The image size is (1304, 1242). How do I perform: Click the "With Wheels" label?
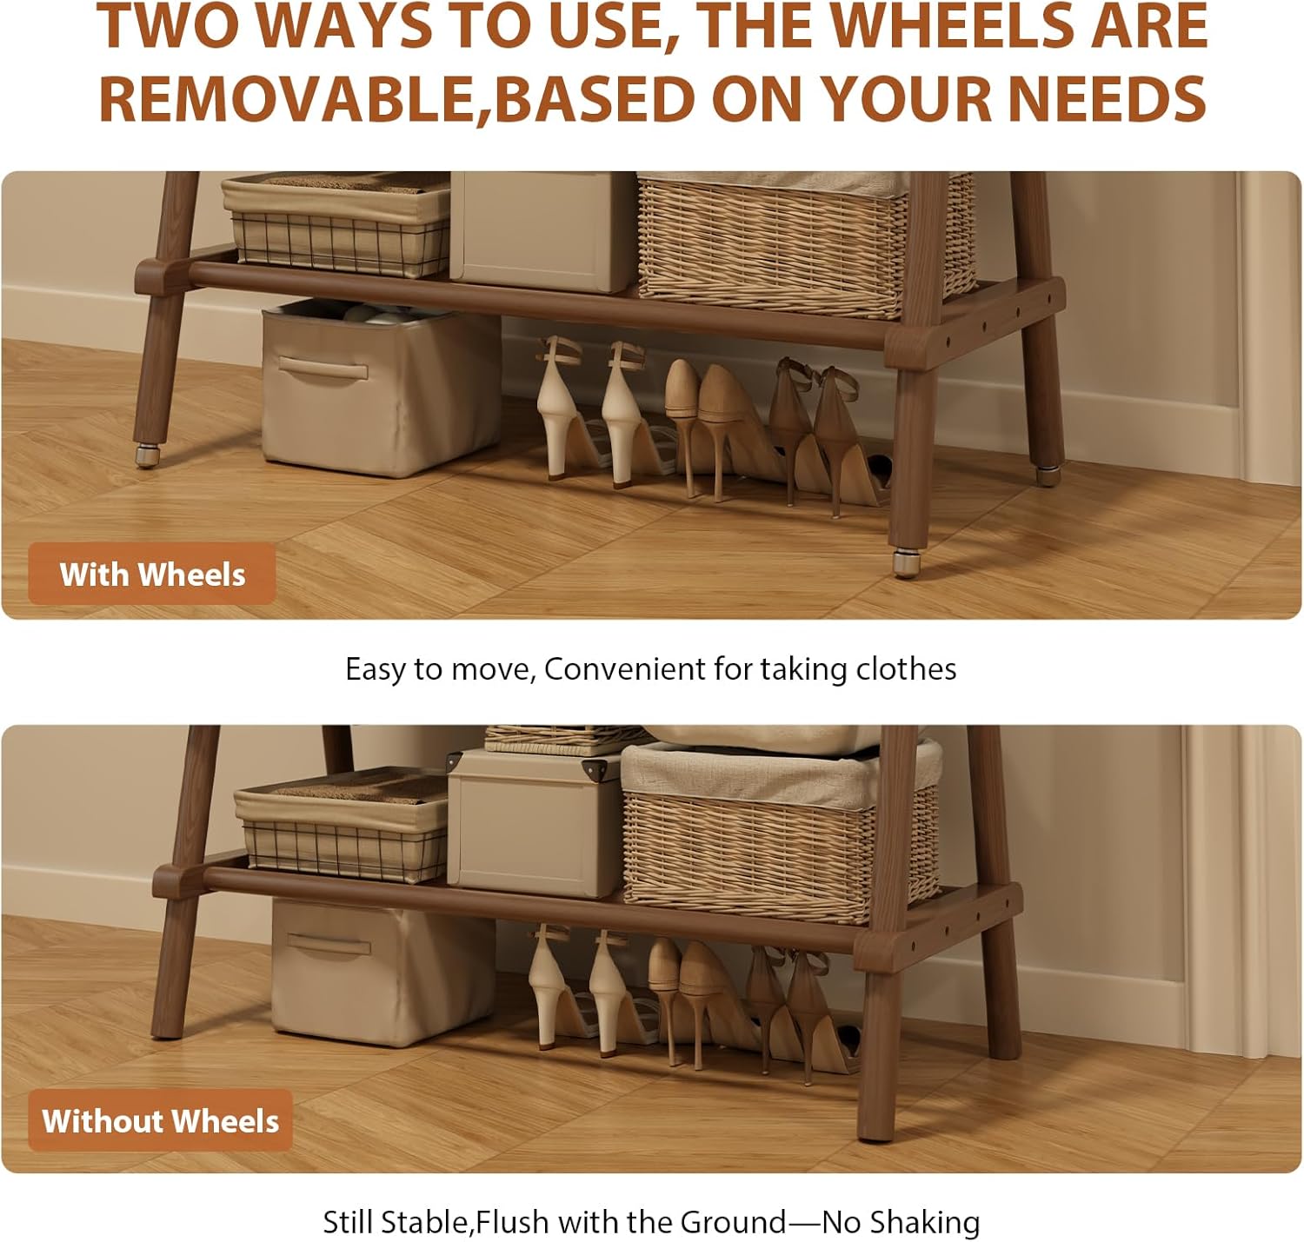tap(152, 575)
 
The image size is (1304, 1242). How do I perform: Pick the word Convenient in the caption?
tap(624, 669)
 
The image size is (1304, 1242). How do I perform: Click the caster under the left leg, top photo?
tap(147, 455)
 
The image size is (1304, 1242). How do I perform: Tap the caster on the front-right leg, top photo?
tap(905, 563)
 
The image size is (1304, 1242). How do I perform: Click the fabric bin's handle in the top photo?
tap(323, 368)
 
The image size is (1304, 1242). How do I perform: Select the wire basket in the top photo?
tap(337, 225)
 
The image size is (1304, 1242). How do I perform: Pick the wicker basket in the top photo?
tap(804, 245)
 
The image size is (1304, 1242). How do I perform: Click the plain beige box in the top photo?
tap(542, 232)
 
